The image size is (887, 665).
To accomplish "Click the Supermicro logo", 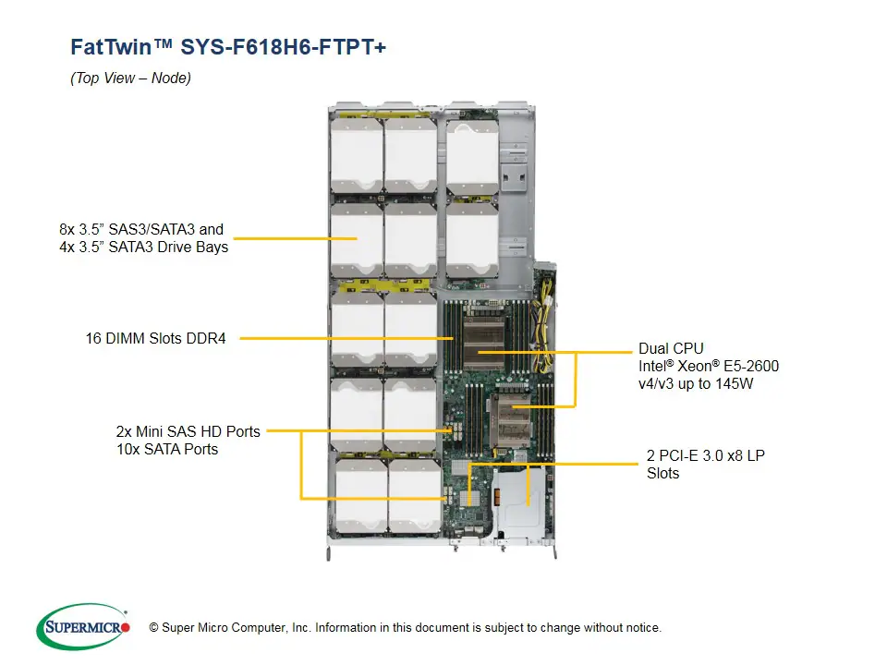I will tap(83, 628).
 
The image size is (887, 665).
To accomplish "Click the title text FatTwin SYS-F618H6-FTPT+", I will tap(228, 47).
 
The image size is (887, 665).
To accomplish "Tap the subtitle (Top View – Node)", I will tap(130, 79).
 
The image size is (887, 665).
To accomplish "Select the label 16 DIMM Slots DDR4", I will tap(156, 339).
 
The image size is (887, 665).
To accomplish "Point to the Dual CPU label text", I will tap(671, 349).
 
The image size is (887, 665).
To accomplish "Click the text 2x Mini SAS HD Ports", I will tap(188, 431).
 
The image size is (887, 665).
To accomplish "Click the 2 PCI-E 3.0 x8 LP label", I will tap(706, 456).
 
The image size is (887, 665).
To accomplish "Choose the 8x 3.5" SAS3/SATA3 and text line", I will tap(140, 229).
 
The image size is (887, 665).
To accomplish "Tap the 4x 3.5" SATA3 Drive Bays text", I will tap(143, 247).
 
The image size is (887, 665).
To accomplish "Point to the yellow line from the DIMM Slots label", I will tap(342, 339).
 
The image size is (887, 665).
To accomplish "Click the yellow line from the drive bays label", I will tap(296, 238).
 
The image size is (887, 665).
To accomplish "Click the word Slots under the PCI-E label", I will tap(663, 474).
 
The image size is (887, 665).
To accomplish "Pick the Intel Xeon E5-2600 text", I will tap(709, 366).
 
